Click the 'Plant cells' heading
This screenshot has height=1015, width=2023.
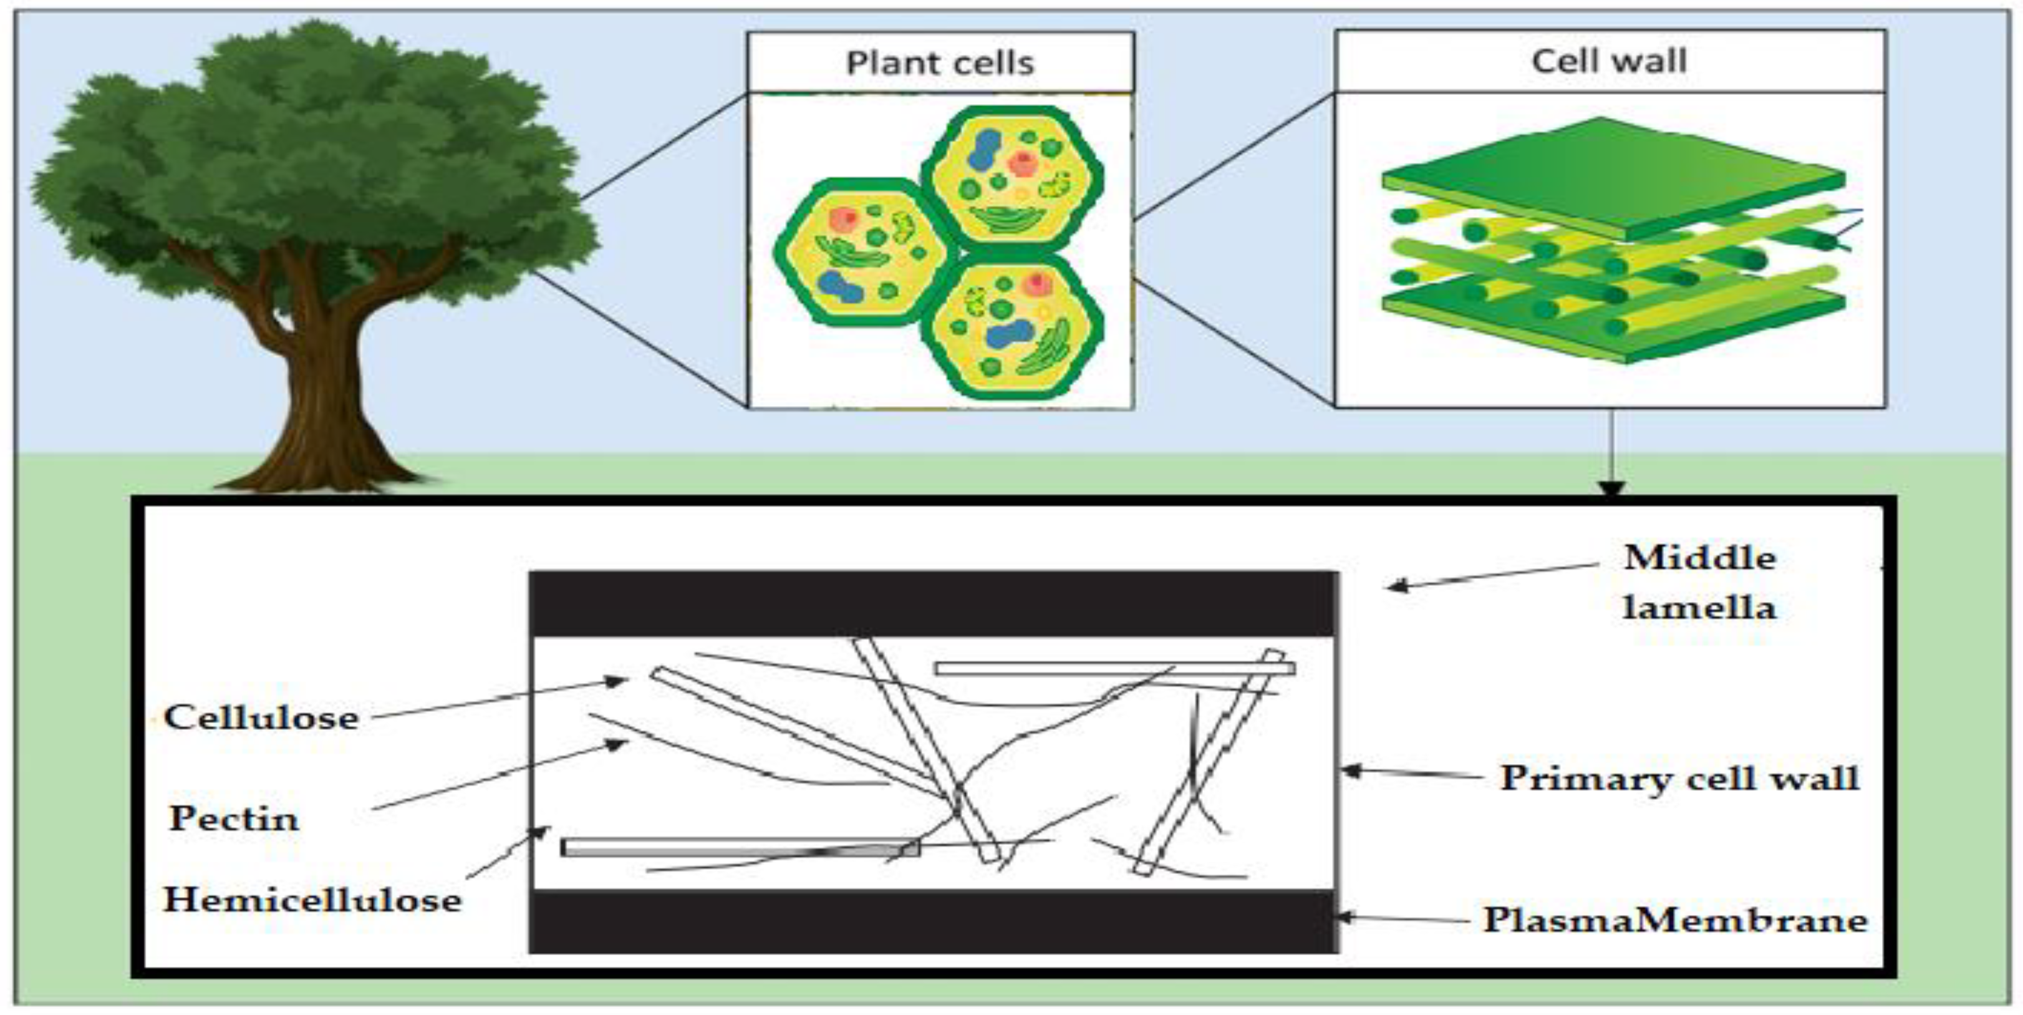pos(939,63)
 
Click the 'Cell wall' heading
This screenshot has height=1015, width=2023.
pos(1608,61)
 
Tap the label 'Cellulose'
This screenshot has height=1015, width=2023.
pos(261,717)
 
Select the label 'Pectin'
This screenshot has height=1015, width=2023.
pos(234,818)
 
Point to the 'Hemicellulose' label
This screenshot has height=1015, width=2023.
pos(312,900)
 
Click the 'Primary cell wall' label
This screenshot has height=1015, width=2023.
pos(1679,778)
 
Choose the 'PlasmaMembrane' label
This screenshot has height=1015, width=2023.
pos(1674,919)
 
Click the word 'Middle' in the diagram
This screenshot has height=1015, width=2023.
pos(1699,558)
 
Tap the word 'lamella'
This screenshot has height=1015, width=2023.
pos(1699,607)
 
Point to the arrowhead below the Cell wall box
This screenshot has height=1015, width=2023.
pos(1611,488)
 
